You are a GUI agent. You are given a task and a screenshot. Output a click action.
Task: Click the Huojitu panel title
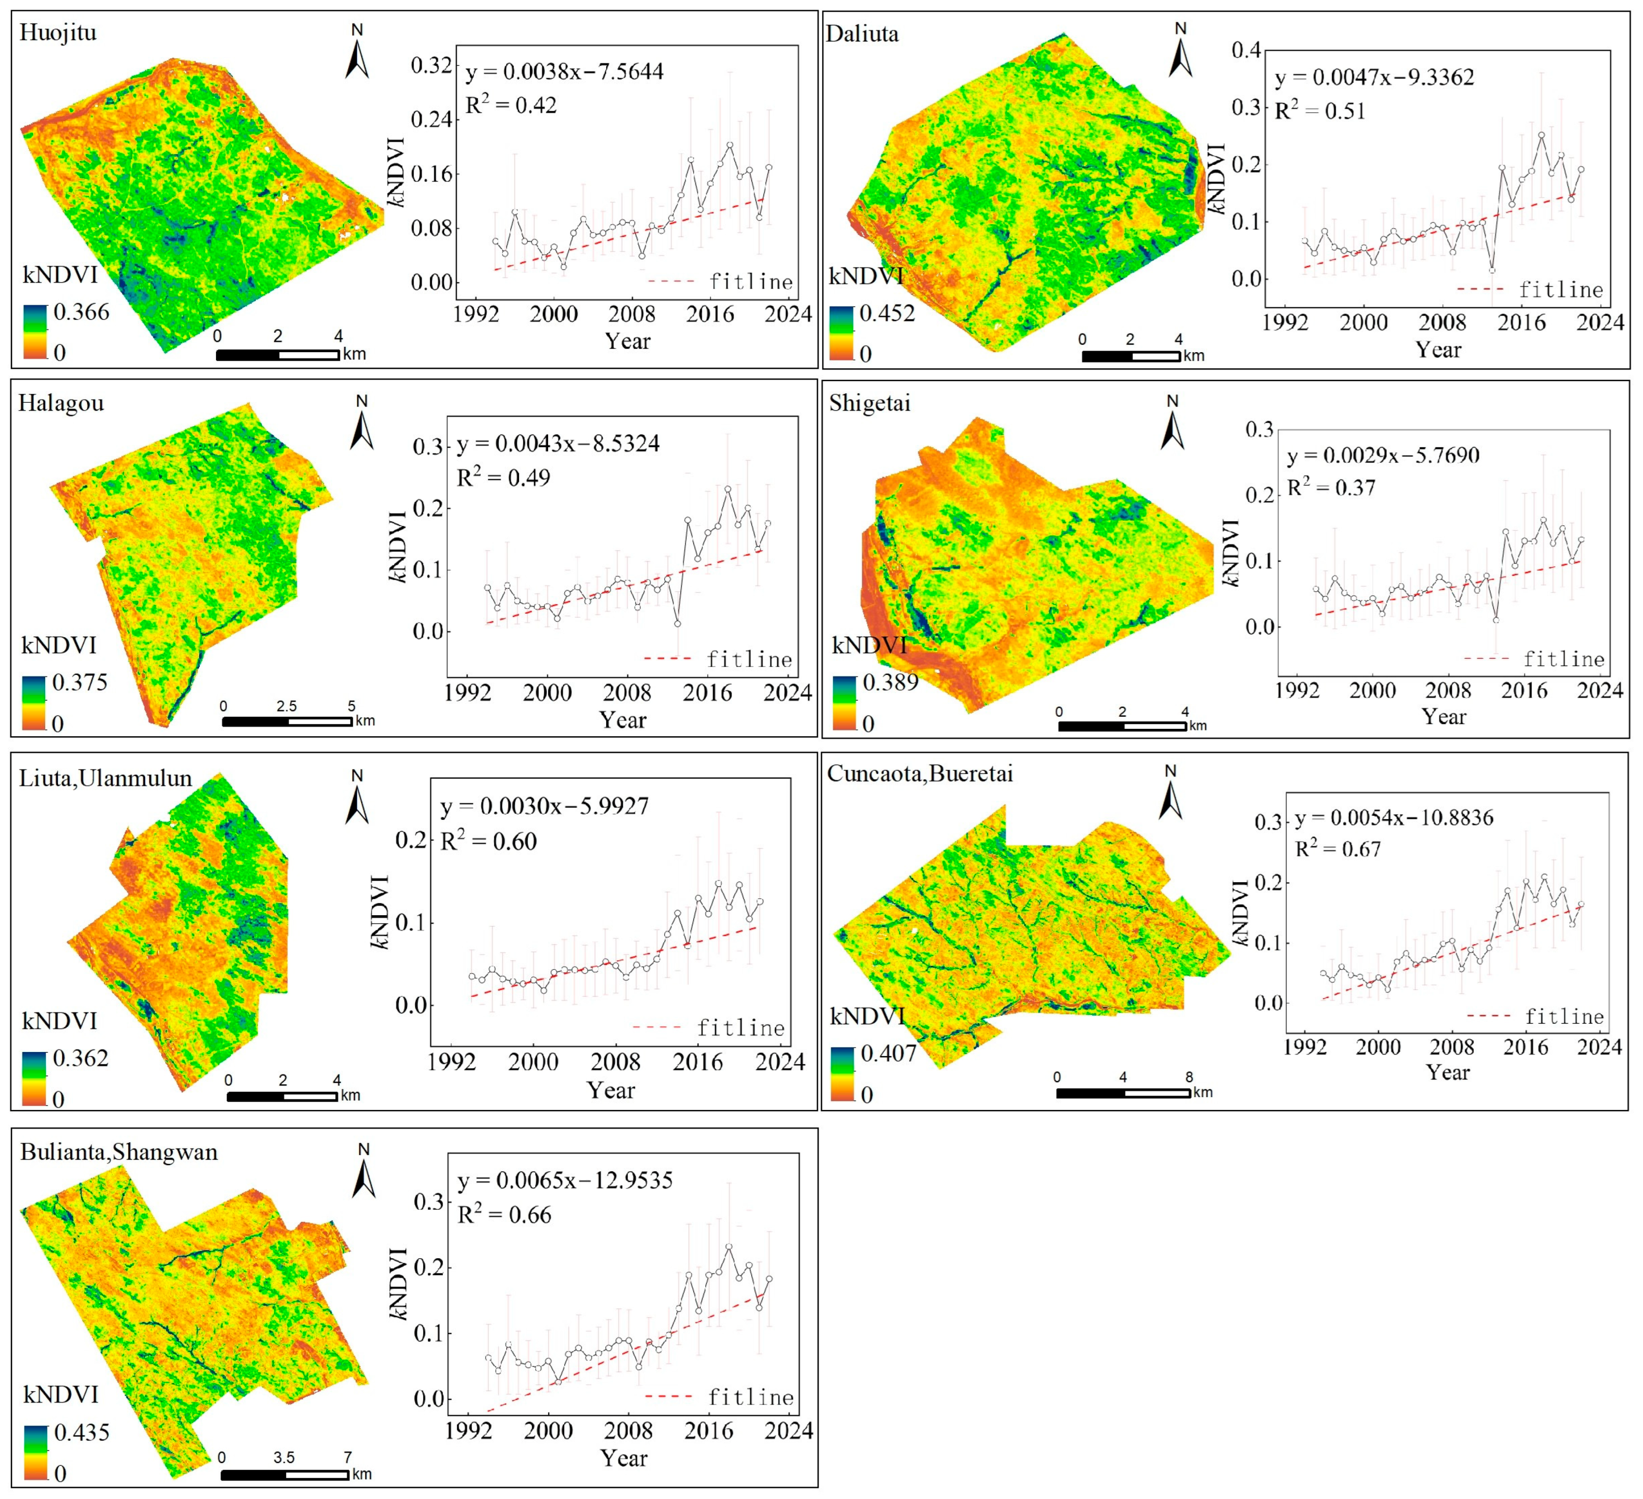point(58,33)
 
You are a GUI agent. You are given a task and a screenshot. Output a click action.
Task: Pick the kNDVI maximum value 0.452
point(888,314)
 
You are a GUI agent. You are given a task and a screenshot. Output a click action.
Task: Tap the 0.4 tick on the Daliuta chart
point(1246,51)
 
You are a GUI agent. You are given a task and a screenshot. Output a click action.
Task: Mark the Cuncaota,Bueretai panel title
point(920,774)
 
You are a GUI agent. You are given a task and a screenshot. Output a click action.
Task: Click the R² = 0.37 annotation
point(1330,487)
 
